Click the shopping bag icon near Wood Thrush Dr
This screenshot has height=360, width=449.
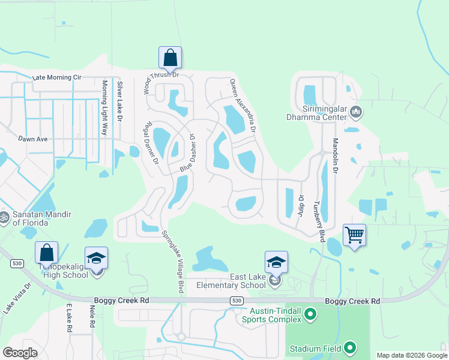pyautogui.click(x=170, y=58)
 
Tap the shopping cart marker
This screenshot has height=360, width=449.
pyautogui.click(x=354, y=235)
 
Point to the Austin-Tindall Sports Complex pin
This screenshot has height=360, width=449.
pyautogui.click(x=310, y=313)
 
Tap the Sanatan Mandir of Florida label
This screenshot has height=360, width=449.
pyautogui.click(x=42, y=218)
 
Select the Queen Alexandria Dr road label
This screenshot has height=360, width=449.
pyautogui.click(x=244, y=106)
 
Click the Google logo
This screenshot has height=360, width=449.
pyautogui.click(x=20, y=353)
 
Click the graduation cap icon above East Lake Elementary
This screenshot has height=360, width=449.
pyautogui.click(x=276, y=262)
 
